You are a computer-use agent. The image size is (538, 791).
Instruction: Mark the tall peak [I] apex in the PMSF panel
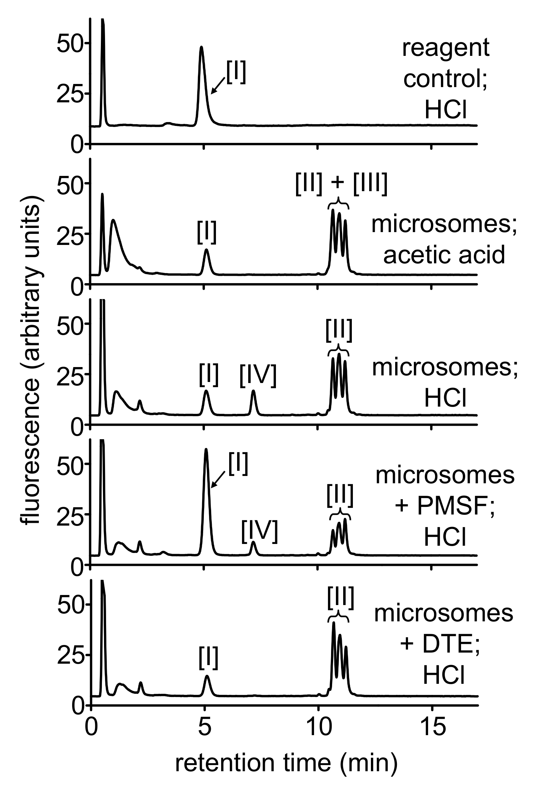[206, 449]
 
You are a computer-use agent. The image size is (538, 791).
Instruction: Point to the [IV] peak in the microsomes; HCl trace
[253, 391]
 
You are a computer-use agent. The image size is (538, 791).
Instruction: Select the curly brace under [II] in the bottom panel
[338, 617]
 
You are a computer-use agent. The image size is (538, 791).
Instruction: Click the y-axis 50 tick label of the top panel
[69, 43]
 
